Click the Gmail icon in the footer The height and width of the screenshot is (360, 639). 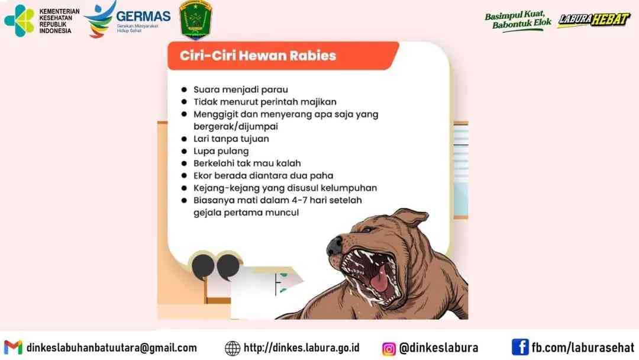pos(13,348)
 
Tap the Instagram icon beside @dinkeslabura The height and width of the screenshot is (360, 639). pos(388,349)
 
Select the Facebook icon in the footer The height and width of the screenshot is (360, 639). pos(519,347)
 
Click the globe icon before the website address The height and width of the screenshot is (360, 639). pos(233,348)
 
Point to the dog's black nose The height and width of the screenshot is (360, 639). pos(334,246)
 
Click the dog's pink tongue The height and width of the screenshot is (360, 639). pos(380,281)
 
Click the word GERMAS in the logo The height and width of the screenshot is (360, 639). pos(143,17)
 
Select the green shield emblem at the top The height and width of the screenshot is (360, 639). pos(196,19)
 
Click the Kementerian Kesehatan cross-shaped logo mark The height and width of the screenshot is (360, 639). pos(19,20)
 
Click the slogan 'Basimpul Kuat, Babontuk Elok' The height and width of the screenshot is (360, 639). pos(518,20)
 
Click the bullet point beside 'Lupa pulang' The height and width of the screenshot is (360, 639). pos(184,151)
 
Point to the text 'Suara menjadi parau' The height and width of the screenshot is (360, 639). pos(240,89)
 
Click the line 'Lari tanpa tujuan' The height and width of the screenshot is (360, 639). pos(231,139)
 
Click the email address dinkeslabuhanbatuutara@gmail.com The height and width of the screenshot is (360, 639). pos(112,348)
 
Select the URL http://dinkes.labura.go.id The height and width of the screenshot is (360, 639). pos(302,348)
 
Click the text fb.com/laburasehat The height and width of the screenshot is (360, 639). pos(583,348)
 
